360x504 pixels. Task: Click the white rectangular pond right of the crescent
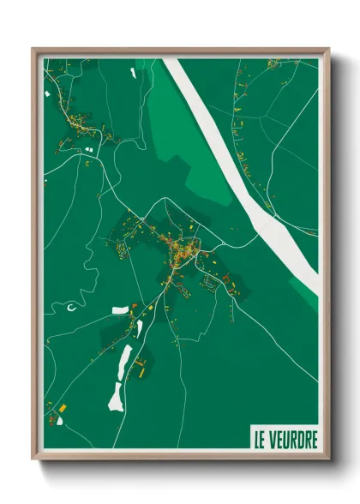120,309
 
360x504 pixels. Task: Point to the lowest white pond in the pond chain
116,396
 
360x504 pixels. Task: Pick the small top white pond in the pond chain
139,327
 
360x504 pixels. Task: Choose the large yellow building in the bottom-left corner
62,405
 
